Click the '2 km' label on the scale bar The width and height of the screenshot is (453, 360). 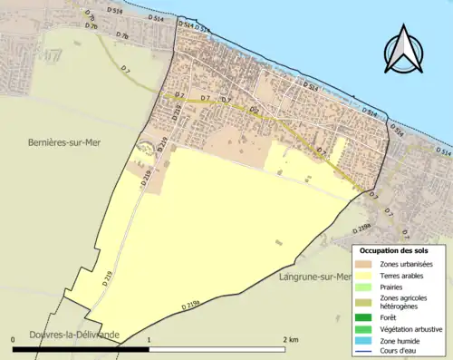point(289,338)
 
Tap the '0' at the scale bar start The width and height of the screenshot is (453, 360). point(14,338)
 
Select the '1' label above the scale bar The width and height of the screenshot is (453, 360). point(149,338)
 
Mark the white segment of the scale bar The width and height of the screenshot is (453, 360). point(217,347)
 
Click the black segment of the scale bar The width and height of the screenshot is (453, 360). point(82,347)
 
